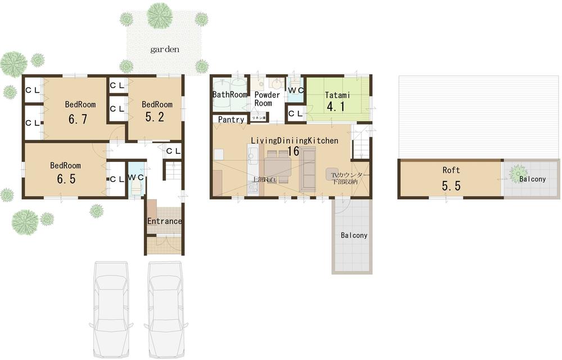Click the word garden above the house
tap(165, 49)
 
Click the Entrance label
tap(164, 221)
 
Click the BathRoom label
tap(230, 95)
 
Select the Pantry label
tap(231, 120)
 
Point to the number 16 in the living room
tap(293, 151)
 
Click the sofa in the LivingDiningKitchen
tap(307, 169)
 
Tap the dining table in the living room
tap(277, 167)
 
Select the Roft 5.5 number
tap(451, 186)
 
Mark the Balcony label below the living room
tap(353, 235)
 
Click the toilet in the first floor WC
tap(135, 186)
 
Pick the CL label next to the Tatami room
tap(296, 114)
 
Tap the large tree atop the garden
tap(160, 15)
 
